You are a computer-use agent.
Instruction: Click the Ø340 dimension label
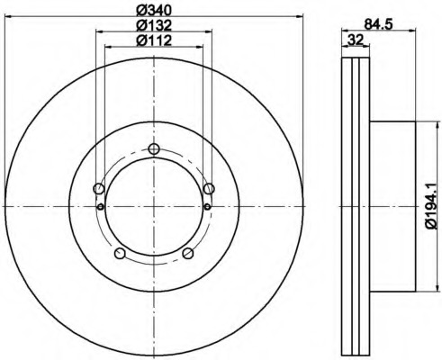154,10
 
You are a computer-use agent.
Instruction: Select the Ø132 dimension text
154,25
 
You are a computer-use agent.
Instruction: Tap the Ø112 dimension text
154,40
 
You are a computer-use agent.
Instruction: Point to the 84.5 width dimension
378,24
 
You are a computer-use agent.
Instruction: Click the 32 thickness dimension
356,40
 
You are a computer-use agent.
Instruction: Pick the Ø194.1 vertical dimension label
433,206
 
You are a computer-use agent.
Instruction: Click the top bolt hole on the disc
154,148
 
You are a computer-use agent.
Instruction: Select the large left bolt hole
99,189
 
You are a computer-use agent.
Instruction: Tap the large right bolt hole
209,189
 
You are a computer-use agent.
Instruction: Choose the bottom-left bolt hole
120,253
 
